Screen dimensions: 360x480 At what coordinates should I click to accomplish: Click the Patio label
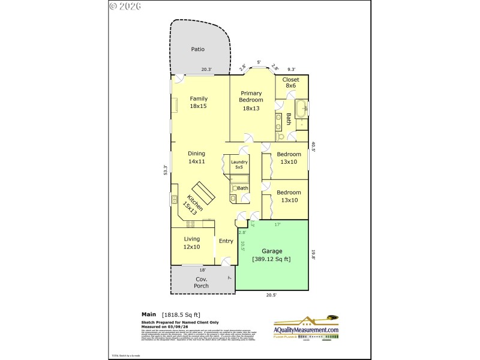coord(199,49)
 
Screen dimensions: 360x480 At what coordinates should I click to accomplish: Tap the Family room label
coord(199,102)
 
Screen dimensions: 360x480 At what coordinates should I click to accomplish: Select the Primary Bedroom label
coord(251,101)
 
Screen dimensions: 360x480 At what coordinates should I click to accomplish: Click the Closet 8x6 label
coord(291,82)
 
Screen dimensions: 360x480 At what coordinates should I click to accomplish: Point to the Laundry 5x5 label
coord(239,164)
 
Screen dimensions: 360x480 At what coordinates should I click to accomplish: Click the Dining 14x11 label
coord(196,157)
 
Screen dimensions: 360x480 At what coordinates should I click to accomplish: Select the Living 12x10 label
coord(191,242)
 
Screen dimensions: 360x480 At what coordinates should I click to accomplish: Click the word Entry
coord(226,241)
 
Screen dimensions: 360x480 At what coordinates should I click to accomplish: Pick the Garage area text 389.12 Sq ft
coord(272,259)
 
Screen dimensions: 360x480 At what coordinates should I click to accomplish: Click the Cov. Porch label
coord(201,282)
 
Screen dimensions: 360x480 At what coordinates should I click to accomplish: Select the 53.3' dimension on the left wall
coord(165,170)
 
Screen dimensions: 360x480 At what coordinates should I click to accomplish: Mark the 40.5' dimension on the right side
coord(313,146)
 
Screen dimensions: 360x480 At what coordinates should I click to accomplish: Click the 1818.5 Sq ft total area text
coord(182,314)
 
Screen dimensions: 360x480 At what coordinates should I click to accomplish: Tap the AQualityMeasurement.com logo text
coord(307,330)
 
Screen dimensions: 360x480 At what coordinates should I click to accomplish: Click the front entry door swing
coord(225,260)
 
